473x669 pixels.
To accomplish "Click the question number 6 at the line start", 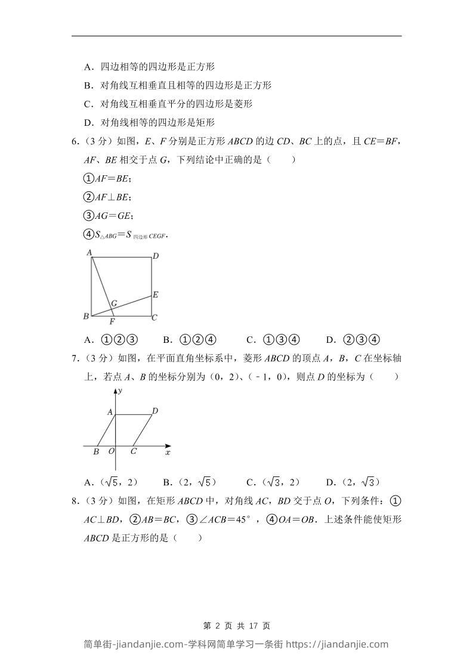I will pyautogui.click(x=75, y=141).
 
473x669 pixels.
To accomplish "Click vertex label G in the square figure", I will pyautogui.click(x=113, y=303).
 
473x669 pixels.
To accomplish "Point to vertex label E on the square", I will pyautogui.click(x=155, y=295).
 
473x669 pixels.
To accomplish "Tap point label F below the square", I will pyautogui.click(x=112, y=322).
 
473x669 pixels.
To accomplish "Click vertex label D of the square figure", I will pyautogui.click(x=155, y=256).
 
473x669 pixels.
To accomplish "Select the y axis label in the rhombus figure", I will pyautogui.click(x=120, y=391).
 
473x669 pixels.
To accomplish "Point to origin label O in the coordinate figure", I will pyautogui.click(x=111, y=451).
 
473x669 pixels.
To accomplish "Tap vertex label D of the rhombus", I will pyautogui.click(x=155, y=411).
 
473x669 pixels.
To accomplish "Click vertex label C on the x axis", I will pyautogui.click(x=133, y=451).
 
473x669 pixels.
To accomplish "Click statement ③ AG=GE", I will pyautogui.click(x=108, y=216).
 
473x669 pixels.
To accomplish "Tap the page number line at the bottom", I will pyautogui.click(x=237, y=626).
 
